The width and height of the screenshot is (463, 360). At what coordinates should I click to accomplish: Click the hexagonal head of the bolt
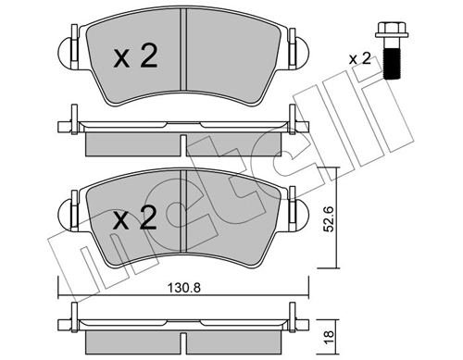[x=388, y=34]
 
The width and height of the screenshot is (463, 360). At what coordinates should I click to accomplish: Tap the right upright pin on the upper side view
[x=299, y=120]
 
